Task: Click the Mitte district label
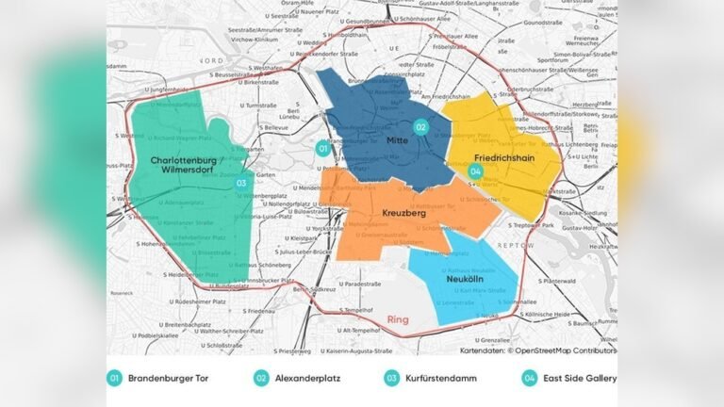click(x=396, y=140)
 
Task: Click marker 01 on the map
click(x=322, y=147)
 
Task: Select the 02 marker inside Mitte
click(x=421, y=127)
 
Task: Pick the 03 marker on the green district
click(x=241, y=183)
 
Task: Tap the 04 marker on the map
click(x=475, y=171)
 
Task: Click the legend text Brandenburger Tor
click(x=169, y=379)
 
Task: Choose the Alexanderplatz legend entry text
click(x=311, y=379)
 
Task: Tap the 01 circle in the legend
click(x=114, y=379)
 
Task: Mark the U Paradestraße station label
click(x=343, y=284)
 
